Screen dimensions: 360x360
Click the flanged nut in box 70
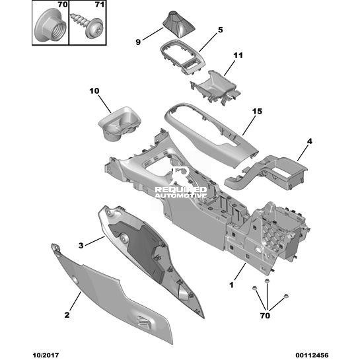pyautogui.click(x=50, y=26)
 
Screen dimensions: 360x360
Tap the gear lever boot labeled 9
pyautogui.click(x=178, y=24)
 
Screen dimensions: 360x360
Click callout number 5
pyautogui.click(x=220, y=30)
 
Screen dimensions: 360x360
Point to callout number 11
pyautogui.click(x=238, y=55)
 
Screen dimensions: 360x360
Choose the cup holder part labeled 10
pyautogui.click(x=119, y=124)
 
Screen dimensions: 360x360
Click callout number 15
pyautogui.click(x=257, y=112)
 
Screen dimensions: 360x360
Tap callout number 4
pyautogui.click(x=310, y=141)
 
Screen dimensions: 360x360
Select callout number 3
pyautogui.click(x=81, y=246)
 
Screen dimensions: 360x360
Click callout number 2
pyautogui.click(x=67, y=315)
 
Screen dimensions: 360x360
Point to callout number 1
pyautogui.click(x=231, y=285)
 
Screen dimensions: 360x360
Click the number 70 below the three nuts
pyautogui.click(x=265, y=316)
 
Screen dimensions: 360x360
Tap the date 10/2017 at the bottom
pyautogui.click(x=46, y=355)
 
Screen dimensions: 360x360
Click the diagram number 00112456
pyautogui.click(x=312, y=355)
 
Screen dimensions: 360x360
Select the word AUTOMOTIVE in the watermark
pyautogui.click(x=180, y=196)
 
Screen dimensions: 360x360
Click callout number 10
pyautogui.click(x=94, y=91)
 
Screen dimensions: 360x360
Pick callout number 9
pyautogui.click(x=138, y=42)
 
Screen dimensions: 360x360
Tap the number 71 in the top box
pyautogui.click(x=100, y=5)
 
